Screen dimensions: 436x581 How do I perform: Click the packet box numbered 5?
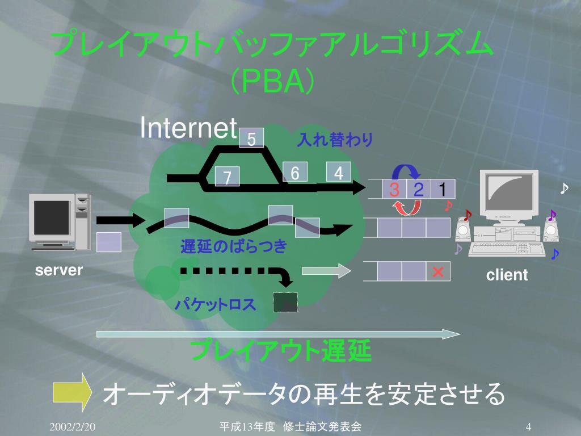click(x=251, y=138)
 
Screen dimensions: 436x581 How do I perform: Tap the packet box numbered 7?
click(x=227, y=177)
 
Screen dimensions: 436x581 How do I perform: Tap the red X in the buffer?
click(x=437, y=272)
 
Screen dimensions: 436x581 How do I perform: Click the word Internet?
click(x=188, y=128)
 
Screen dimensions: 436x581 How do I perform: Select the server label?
click(x=59, y=270)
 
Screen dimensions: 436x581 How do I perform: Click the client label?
click(x=507, y=275)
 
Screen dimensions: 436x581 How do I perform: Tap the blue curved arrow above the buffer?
click(x=406, y=170)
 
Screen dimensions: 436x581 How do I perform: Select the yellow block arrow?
click(x=72, y=391)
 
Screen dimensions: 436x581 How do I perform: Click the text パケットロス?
click(x=216, y=305)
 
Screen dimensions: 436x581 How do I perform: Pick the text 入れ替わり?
click(x=335, y=140)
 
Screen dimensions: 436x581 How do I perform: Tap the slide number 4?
click(x=528, y=426)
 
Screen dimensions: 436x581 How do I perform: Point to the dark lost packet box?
click(x=285, y=303)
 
